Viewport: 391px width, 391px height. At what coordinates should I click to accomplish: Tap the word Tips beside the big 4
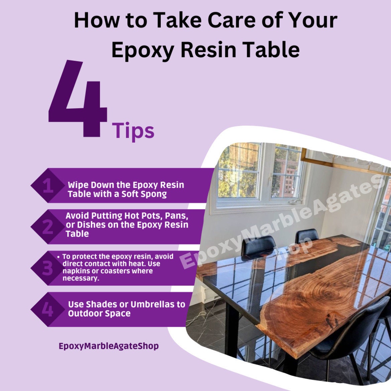(x=133, y=131)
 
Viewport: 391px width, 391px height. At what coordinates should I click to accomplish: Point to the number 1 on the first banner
(x=48, y=185)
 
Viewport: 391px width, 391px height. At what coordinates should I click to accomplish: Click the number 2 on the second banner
(x=47, y=227)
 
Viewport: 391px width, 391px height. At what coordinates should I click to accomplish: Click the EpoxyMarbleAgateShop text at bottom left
(x=109, y=346)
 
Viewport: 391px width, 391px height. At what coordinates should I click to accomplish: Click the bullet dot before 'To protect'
(x=59, y=257)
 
